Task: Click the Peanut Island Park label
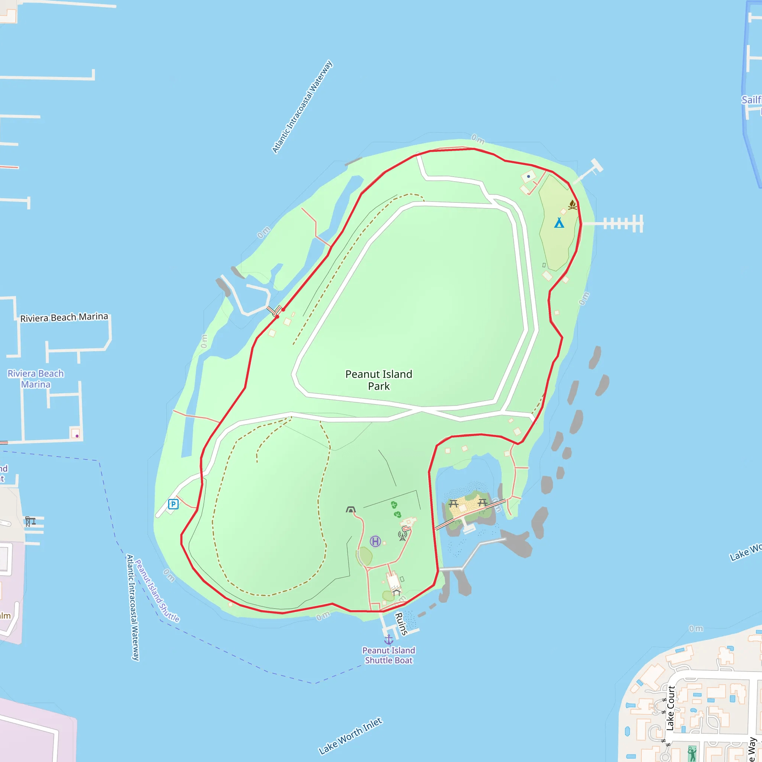tap(379, 380)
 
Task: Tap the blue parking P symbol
tap(173, 504)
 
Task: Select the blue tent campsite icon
tap(559, 223)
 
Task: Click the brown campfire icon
tap(572, 205)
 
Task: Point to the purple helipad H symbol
tap(375, 541)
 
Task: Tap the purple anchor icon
tap(389, 639)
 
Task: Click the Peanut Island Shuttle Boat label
tap(388, 655)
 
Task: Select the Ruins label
tap(401, 624)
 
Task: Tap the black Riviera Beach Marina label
tap(64, 317)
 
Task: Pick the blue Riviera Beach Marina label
tap(35, 379)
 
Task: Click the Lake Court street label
tap(670, 708)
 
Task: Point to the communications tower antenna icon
tap(402, 536)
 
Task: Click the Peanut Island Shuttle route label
tap(157, 591)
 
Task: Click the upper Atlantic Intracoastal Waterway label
tap(302, 107)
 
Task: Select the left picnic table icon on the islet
tap(453, 504)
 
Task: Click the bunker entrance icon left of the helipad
tap(350, 510)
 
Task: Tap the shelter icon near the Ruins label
tap(396, 592)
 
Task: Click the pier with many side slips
tap(619, 224)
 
